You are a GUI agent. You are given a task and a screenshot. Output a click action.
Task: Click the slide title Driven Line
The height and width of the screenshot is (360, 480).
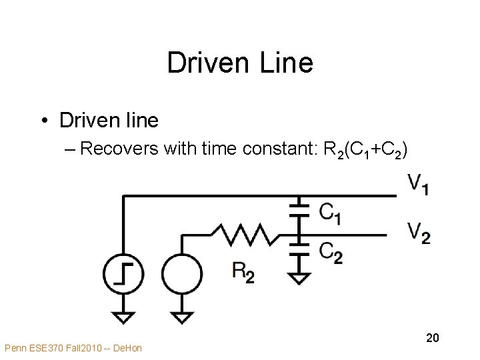(239, 63)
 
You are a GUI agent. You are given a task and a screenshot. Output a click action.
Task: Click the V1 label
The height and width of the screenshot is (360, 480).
(418, 184)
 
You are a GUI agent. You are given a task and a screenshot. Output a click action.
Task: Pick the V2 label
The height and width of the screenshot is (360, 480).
(419, 233)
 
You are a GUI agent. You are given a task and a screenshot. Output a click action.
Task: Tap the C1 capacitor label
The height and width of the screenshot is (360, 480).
(330, 213)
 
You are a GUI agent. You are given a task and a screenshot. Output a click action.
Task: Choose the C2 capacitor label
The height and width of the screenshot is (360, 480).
(330, 253)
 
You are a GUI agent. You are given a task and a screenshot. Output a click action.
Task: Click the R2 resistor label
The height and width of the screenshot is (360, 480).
(243, 271)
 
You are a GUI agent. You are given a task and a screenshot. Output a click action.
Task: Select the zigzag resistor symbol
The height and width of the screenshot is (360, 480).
(241, 234)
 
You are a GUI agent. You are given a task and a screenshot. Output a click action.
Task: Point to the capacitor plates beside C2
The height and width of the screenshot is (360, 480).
(301, 249)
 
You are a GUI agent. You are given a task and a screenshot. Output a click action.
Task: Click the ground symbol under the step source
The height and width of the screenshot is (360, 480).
(123, 315)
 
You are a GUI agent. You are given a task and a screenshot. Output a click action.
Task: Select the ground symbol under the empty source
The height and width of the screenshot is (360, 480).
(181, 315)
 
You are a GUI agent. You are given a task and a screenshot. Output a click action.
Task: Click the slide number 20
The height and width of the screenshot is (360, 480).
(432, 339)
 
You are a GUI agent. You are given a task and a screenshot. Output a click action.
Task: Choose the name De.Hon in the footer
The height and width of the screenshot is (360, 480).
(129, 347)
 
